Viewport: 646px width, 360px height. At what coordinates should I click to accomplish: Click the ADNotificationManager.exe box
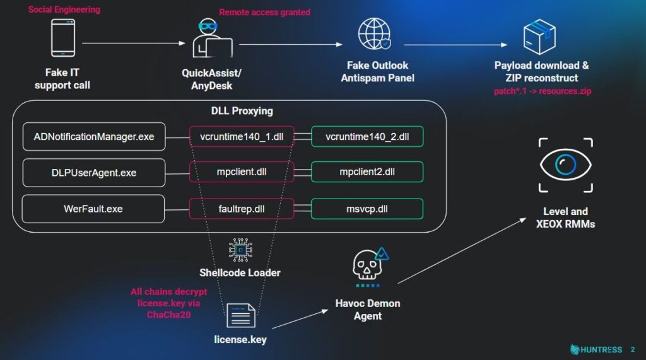pyautogui.click(x=94, y=137)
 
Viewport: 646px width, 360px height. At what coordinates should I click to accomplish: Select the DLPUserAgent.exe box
pyautogui.click(x=94, y=173)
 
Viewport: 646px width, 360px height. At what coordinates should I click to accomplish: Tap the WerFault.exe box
pyautogui.click(x=93, y=209)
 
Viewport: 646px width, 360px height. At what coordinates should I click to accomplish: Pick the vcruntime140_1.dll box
pyautogui.click(x=242, y=137)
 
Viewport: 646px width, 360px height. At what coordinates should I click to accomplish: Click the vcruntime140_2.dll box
pyautogui.click(x=367, y=137)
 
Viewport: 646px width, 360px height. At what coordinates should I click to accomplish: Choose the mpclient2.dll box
pyautogui.click(x=367, y=173)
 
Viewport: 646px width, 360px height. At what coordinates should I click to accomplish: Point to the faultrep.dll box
pyautogui.click(x=242, y=209)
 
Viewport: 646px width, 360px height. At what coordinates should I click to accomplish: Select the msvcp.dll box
pyautogui.click(x=367, y=209)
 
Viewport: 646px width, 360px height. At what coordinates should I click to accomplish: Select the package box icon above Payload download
pyautogui.click(x=539, y=36)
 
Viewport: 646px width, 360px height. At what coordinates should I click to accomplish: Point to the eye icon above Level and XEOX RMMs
pyautogui.click(x=566, y=166)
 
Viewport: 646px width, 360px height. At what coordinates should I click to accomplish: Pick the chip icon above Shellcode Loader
pyautogui.click(x=240, y=250)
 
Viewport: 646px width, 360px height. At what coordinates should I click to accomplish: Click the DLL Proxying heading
pyautogui.click(x=242, y=111)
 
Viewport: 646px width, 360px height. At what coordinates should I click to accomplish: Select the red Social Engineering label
pyautogui.click(x=64, y=9)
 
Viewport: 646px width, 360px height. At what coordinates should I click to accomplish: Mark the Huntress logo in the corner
pyautogui.click(x=596, y=349)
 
